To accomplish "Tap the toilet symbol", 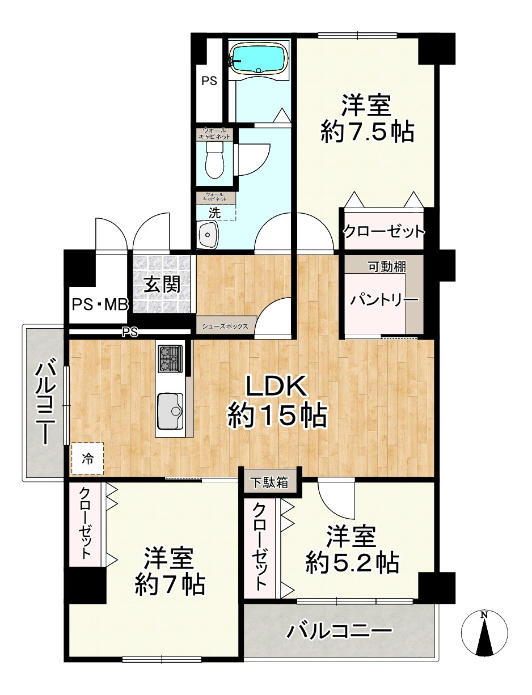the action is (x=215, y=160).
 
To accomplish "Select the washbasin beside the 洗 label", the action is (x=207, y=234).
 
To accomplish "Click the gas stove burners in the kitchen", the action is (x=171, y=359).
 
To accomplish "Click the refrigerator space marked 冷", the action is (x=87, y=459).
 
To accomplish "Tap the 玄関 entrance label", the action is (x=162, y=285).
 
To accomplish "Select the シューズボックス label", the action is (x=225, y=326).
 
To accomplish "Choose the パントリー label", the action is (x=384, y=299).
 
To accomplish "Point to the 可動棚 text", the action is (x=387, y=266).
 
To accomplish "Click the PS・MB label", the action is (x=100, y=304).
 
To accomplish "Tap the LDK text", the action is (x=276, y=386).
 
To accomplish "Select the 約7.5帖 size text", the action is (x=368, y=132).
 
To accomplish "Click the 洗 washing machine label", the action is (x=214, y=213).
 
